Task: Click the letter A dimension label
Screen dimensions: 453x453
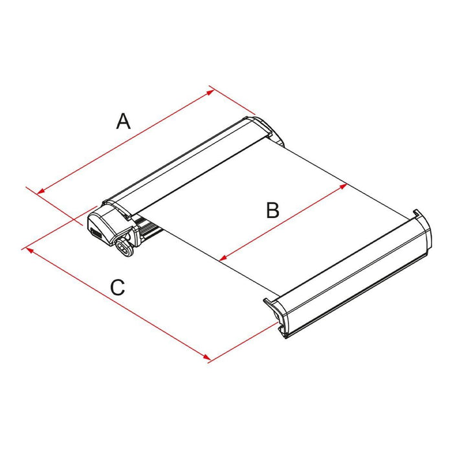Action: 123,120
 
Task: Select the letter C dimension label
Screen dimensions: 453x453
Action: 117,287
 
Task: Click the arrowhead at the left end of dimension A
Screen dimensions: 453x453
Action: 41,192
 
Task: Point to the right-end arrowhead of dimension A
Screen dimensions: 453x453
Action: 212,91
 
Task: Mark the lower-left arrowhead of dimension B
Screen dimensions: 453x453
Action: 223,258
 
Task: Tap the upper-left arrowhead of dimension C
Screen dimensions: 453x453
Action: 27,249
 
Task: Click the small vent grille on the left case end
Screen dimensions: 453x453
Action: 94,230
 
